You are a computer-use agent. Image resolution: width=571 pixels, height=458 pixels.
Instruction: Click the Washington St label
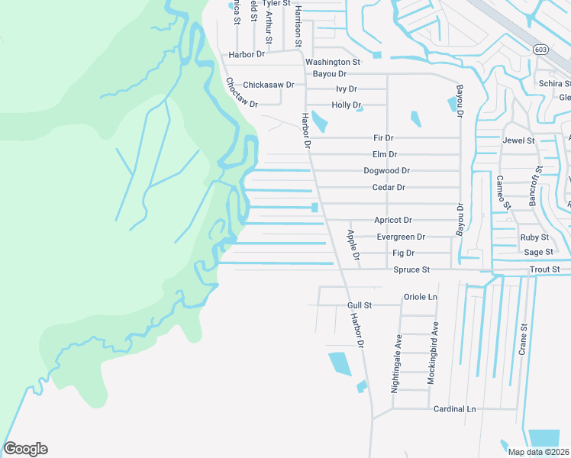pos(332,62)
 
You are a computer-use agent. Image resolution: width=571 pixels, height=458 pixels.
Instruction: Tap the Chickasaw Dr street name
pos(269,85)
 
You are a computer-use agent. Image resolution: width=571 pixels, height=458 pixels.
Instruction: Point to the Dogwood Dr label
pos(386,171)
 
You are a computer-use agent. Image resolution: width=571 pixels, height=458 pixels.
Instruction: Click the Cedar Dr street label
pos(388,188)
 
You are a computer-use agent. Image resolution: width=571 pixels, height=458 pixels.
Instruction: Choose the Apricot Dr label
pos(392,220)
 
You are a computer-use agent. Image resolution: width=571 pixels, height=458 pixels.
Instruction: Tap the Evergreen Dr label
pos(401,237)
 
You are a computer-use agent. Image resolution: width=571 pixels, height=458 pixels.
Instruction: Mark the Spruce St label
pos(411,270)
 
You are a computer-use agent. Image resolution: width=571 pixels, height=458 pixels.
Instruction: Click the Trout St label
pos(544,270)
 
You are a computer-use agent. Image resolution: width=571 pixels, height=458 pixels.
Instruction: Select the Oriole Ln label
pos(420,296)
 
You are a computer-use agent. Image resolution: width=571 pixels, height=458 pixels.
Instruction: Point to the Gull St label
pos(359,305)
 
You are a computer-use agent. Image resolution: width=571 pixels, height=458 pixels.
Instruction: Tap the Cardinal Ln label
pos(454,409)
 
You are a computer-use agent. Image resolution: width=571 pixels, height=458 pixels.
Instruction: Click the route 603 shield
pos(540,49)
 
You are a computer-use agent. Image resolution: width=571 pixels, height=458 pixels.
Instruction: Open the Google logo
pos(25,449)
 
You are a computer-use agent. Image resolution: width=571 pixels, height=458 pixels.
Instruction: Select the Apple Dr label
pos(353,245)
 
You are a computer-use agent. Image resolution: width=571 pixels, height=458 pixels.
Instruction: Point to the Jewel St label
pos(518,141)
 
